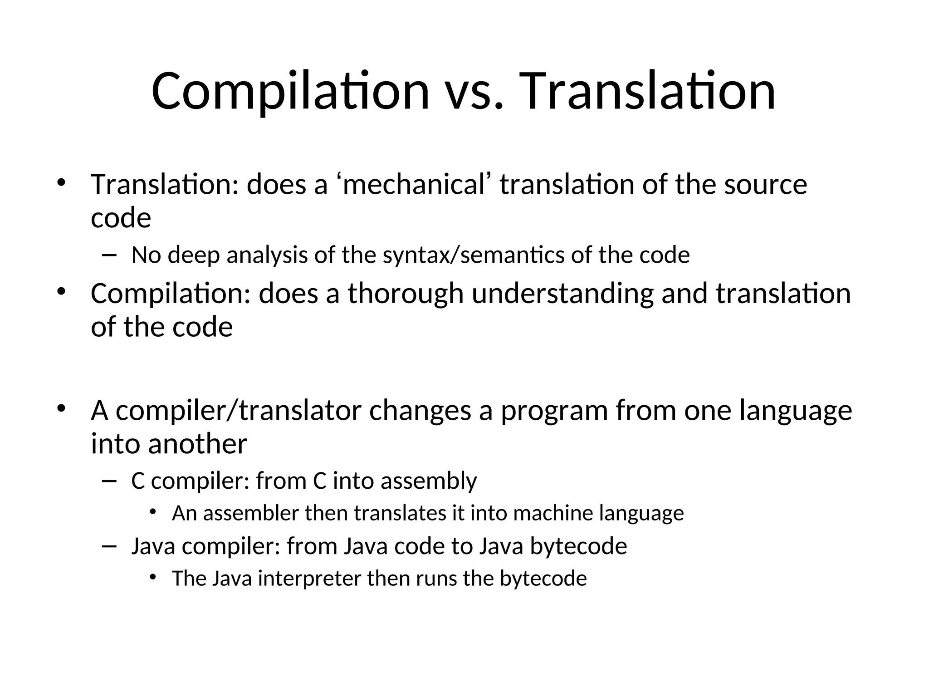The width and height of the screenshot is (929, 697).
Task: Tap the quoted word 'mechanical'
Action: pyautogui.click(x=414, y=185)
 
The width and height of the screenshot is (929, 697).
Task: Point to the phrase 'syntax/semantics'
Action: pyautogui.click(x=474, y=255)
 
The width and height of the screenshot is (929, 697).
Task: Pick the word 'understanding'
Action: pyautogui.click(x=562, y=294)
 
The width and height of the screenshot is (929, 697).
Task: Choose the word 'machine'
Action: pyautogui.click(x=553, y=514)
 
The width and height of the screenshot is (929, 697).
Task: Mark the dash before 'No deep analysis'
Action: pyautogui.click(x=109, y=255)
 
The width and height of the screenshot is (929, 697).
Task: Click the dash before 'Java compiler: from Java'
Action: pyautogui.click(x=109, y=546)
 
